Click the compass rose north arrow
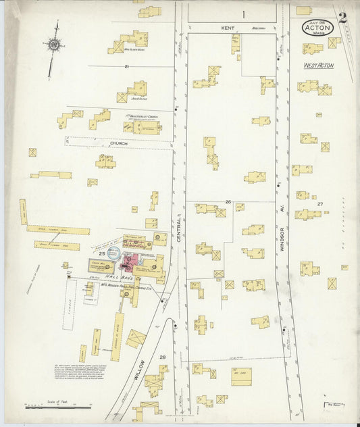52,45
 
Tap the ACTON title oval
317,27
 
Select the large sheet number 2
344,18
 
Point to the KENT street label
226,28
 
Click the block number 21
126,66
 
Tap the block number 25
101,253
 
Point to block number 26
228,202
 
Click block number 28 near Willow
162,357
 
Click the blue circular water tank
114,253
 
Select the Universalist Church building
143,126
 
